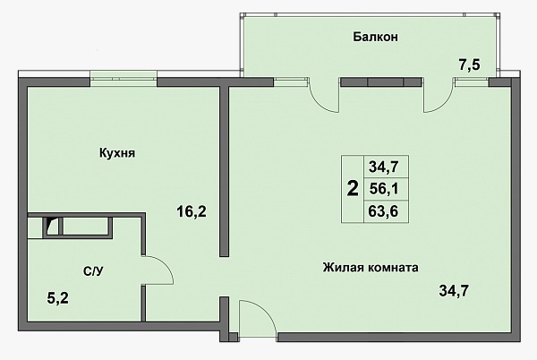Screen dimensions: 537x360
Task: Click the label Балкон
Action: [x=375, y=37]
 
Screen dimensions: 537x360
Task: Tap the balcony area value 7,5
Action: [x=470, y=64]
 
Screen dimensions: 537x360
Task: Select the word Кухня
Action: [x=117, y=153]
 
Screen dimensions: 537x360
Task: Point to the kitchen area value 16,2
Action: [x=192, y=211]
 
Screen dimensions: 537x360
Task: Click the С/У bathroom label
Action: [x=93, y=271]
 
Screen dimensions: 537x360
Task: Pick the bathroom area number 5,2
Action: [x=58, y=298]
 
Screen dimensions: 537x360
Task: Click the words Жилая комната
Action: [x=371, y=267]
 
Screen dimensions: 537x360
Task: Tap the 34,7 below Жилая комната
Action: [x=454, y=291]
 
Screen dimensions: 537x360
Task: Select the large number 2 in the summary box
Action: [x=353, y=189]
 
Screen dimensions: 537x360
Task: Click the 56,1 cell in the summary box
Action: [x=384, y=189]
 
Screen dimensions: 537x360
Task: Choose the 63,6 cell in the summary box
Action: [x=384, y=211]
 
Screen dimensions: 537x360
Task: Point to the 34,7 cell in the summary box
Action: [x=384, y=167]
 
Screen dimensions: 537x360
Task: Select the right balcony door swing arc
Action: [x=442, y=104]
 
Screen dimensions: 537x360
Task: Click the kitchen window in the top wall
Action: [x=124, y=78]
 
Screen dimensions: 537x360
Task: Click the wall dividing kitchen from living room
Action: [x=224, y=171]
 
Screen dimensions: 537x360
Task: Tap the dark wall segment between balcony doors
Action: [x=381, y=81]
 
